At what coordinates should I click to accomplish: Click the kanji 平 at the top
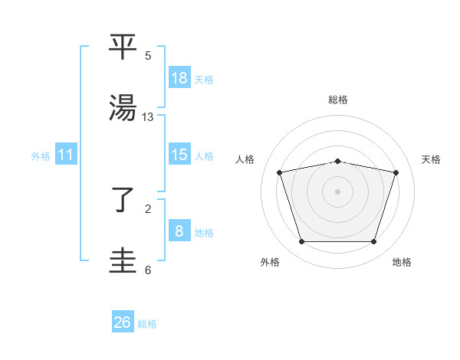(124, 47)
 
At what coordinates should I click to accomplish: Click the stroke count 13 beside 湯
(148, 116)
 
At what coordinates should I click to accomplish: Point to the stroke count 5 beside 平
(148, 55)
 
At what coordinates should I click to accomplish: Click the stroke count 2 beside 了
(148, 208)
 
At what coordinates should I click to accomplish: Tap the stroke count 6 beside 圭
(148, 270)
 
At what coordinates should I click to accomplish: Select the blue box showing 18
(179, 78)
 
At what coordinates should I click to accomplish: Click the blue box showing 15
(179, 155)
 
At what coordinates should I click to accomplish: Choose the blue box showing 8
(179, 231)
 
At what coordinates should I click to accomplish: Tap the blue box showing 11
(66, 155)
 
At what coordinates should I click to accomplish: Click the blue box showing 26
(123, 322)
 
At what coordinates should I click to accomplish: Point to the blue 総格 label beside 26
(148, 324)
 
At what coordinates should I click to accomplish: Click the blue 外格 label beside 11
(41, 156)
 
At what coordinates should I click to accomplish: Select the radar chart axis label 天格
(431, 159)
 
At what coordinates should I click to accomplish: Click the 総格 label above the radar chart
(338, 100)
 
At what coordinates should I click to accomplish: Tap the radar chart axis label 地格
(402, 263)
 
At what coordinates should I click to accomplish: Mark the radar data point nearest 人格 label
(280, 173)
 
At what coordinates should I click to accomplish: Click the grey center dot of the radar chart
(338, 191)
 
